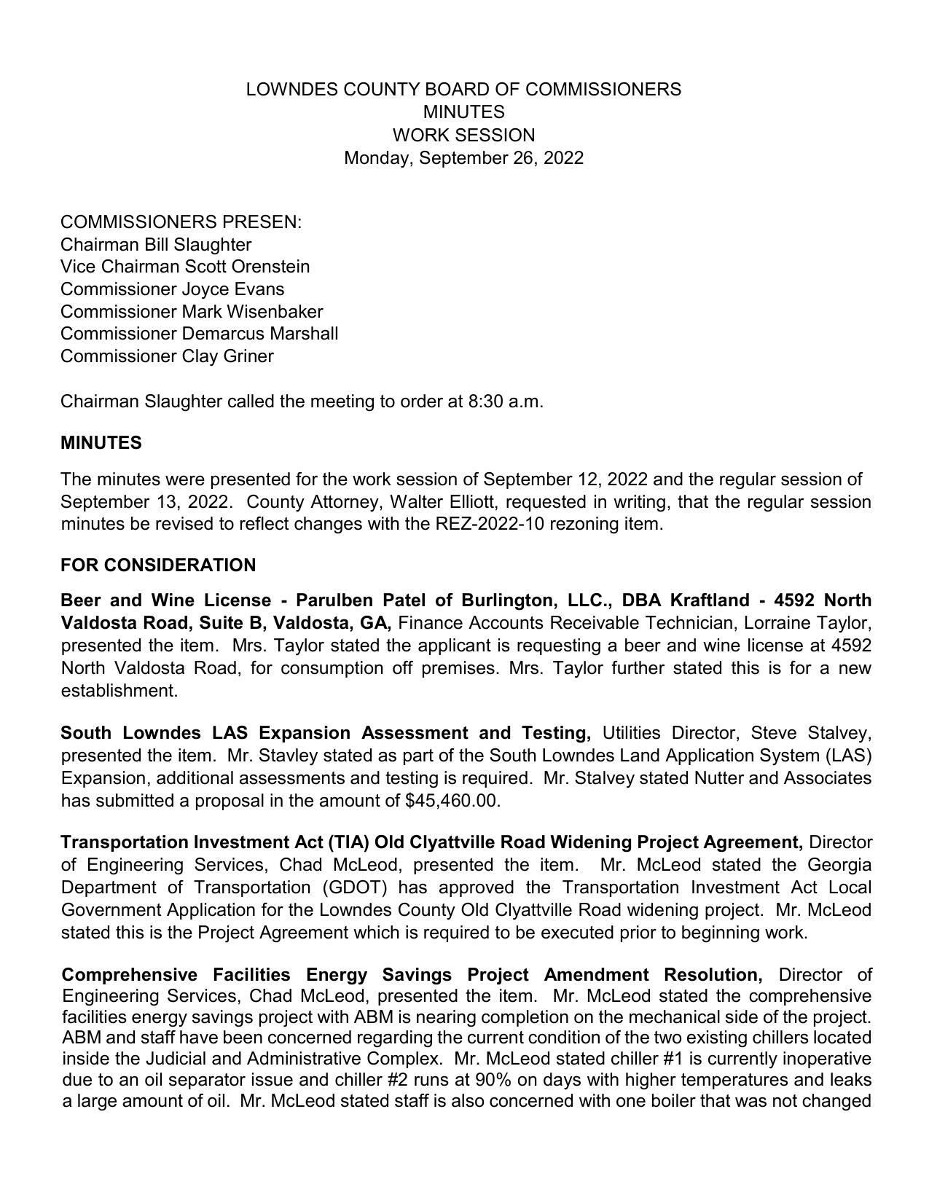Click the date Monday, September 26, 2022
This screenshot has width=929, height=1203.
coord(463,158)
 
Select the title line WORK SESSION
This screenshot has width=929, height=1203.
coord(463,136)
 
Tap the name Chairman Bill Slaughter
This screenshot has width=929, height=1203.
coord(156,244)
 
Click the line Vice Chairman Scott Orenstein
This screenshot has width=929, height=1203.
coord(185,267)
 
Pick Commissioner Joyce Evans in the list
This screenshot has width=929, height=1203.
coord(172,289)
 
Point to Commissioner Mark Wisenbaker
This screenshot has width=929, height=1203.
coord(192,312)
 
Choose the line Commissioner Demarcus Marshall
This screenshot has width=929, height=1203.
coord(199,334)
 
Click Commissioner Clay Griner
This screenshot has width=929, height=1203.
coord(167,356)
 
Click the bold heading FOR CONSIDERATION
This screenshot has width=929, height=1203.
coord(158,565)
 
